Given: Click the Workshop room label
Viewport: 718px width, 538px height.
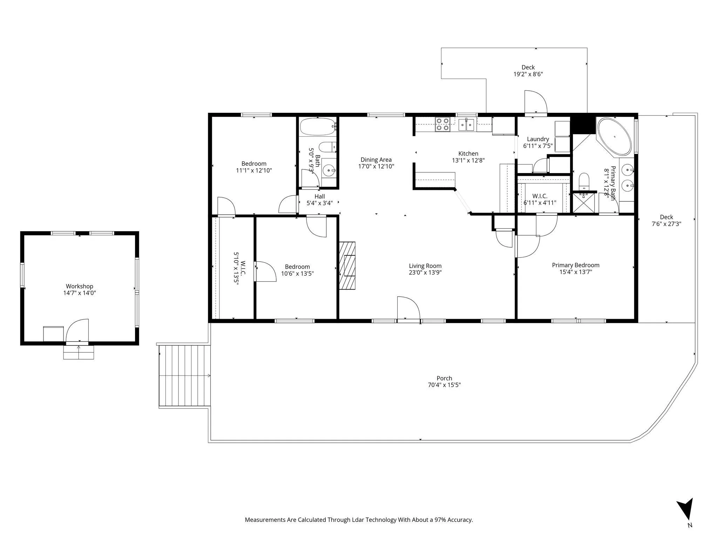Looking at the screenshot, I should tap(80, 286).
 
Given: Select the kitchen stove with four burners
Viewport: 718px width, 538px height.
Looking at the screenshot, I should tap(442, 124).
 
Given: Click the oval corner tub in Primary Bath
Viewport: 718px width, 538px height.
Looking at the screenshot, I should tap(614, 137).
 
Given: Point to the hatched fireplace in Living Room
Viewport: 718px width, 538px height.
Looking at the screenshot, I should tap(347, 265).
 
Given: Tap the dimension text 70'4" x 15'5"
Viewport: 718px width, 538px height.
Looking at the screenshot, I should tap(444, 385).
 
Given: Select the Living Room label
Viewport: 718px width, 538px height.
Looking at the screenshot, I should tap(425, 266).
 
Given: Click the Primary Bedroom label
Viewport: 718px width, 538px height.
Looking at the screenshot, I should tap(576, 265).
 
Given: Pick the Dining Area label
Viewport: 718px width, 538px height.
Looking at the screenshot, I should tap(376, 160).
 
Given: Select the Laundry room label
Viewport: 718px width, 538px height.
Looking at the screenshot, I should tap(538, 139).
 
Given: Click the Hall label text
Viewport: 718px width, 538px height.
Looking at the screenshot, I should tap(319, 196).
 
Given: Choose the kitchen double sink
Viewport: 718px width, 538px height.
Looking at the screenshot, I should tap(466, 124).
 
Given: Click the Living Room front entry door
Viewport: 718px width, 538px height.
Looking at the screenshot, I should tap(408, 308).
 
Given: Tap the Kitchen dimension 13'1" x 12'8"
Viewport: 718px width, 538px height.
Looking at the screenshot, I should tap(468, 160).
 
